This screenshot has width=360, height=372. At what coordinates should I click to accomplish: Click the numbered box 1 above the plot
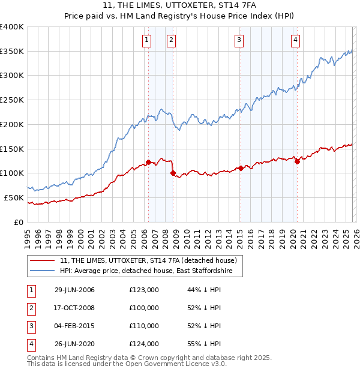tap(147, 40)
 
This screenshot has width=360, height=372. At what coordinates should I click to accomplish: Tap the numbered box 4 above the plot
tap(296, 40)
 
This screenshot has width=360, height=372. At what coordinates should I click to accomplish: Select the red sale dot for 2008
tap(173, 173)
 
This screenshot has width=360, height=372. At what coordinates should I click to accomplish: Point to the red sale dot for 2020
tap(297, 161)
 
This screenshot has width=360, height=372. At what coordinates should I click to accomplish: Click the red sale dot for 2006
tap(148, 162)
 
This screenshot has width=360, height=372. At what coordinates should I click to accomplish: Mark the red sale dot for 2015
tap(240, 168)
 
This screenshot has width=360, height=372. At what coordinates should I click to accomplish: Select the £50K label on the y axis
tap(14, 197)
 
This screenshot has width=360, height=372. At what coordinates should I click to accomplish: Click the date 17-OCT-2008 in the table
tap(74, 308)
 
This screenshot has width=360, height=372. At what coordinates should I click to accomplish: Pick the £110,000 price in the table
tap(144, 326)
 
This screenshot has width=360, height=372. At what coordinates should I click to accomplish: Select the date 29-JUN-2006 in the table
tap(74, 290)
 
